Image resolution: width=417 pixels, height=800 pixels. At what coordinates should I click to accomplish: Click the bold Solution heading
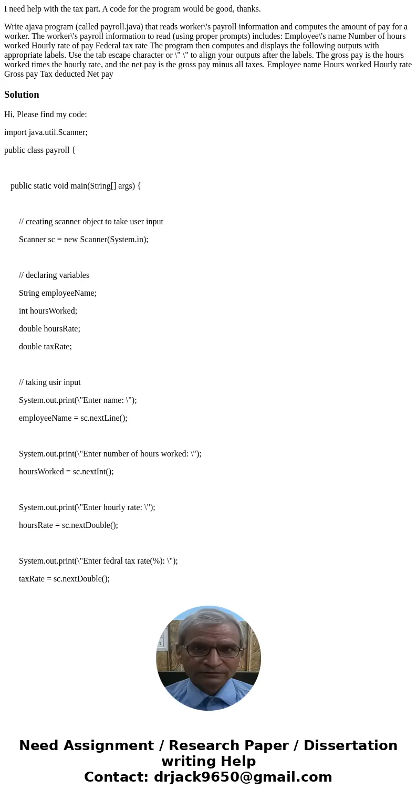click(x=22, y=95)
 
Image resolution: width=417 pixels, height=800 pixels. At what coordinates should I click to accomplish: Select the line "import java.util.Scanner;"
click(x=46, y=132)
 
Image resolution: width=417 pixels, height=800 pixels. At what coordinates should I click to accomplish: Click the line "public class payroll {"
click(x=40, y=150)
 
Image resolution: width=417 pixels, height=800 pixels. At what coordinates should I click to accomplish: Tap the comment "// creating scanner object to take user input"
click(x=91, y=222)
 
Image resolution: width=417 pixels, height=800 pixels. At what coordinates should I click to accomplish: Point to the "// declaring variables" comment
click(x=54, y=275)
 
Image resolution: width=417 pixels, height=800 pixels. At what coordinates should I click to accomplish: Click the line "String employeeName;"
click(x=58, y=293)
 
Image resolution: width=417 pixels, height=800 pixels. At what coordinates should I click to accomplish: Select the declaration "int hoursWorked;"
click(x=48, y=311)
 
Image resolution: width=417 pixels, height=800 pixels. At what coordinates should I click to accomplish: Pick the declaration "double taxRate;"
click(x=45, y=347)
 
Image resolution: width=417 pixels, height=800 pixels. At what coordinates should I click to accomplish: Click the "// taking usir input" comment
click(x=50, y=382)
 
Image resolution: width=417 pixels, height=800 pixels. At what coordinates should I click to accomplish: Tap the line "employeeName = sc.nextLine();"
click(x=73, y=418)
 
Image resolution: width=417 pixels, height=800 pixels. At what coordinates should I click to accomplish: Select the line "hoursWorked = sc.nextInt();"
click(x=66, y=472)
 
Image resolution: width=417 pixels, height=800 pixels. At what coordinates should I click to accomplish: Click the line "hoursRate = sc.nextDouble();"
click(x=68, y=525)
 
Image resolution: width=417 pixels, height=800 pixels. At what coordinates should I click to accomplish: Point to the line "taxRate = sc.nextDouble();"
click(x=64, y=579)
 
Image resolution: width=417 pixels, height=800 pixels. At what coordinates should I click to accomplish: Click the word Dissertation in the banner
click(x=350, y=745)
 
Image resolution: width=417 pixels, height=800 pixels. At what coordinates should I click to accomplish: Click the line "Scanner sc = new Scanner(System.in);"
click(x=84, y=240)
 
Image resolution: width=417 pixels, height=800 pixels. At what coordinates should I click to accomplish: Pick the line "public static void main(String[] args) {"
click(x=76, y=186)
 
